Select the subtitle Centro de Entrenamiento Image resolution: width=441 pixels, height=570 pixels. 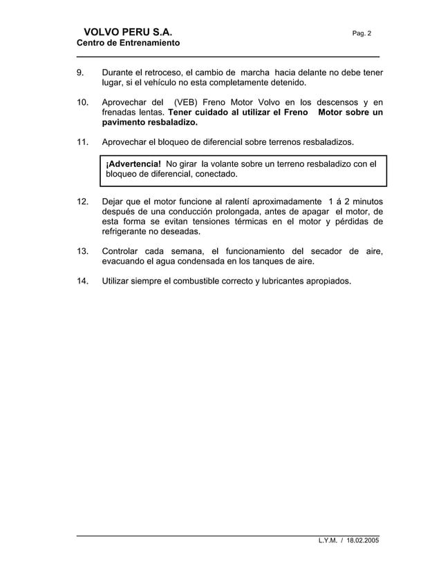click(x=128, y=43)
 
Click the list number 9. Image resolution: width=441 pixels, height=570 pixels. click(x=80, y=72)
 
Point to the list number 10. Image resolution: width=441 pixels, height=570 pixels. click(x=82, y=102)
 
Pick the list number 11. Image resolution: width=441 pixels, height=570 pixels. click(x=82, y=142)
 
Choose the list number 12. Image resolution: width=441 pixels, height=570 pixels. click(x=82, y=201)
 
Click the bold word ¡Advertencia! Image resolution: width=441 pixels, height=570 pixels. click(x=133, y=164)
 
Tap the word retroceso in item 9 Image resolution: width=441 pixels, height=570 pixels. click(x=160, y=72)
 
